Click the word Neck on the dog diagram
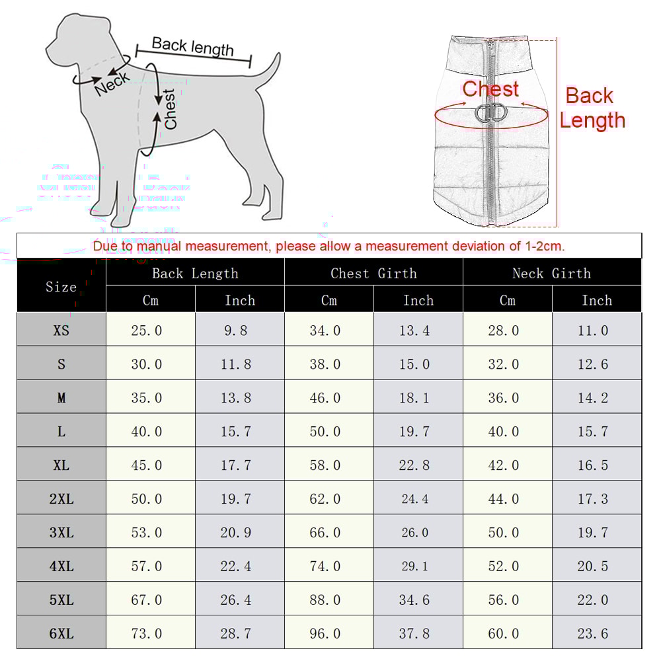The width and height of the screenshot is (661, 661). pyautogui.click(x=112, y=83)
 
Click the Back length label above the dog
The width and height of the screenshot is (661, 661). pyautogui.click(x=192, y=46)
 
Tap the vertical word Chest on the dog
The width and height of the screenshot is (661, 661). pyautogui.click(x=171, y=109)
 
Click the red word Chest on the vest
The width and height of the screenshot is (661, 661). pyautogui.click(x=490, y=89)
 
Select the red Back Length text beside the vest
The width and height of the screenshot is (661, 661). pyautogui.click(x=592, y=108)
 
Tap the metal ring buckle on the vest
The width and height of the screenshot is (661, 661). pyautogui.click(x=490, y=112)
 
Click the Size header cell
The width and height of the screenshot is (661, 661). pyautogui.click(x=61, y=286)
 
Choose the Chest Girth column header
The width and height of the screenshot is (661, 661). pyautogui.click(x=373, y=273)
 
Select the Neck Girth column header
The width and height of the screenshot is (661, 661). pyautogui.click(x=551, y=273)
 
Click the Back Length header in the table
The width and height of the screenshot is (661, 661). pyautogui.click(x=195, y=273)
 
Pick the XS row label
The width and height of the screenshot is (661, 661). pyautogui.click(x=61, y=330)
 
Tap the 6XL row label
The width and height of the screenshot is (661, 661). pyautogui.click(x=61, y=633)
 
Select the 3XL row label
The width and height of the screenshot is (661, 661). pyautogui.click(x=61, y=532)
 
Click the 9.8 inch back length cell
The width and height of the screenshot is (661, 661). pyautogui.click(x=236, y=330)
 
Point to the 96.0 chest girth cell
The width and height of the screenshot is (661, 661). pyautogui.click(x=325, y=633)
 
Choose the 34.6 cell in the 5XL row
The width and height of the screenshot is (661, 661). pyautogui.click(x=414, y=600)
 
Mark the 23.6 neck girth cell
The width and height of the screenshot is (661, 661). pyautogui.click(x=593, y=633)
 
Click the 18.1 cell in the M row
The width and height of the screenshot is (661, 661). pyautogui.click(x=414, y=397)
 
